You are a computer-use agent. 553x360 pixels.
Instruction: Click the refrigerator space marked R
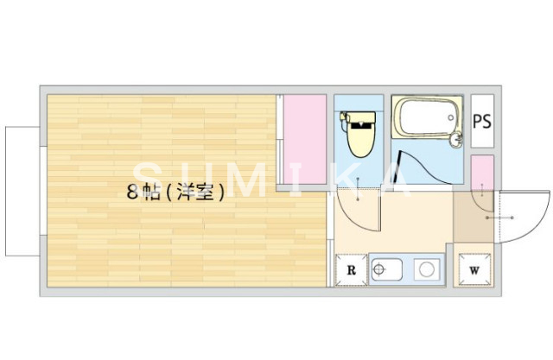tap(351, 269)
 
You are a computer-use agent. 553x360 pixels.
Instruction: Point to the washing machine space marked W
tap(474, 269)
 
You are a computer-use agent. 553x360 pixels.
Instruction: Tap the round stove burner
tap(426, 270)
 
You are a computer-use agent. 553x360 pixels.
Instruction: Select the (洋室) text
tap(196, 193)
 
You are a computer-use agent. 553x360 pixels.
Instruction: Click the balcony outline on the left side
tap(22, 192)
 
